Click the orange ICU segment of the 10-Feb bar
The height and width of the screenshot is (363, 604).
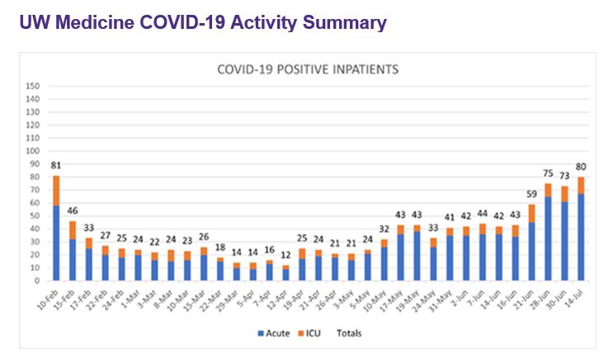(x=56, y=191)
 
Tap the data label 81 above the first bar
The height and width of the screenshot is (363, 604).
(x=55, y=165)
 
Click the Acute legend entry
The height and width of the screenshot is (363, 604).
(x=271, y=333)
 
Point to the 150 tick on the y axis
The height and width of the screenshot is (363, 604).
(x=33, y=86)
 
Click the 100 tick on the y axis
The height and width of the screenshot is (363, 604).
(x=33, y=151)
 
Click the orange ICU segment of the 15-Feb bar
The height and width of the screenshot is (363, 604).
(x=73, y=230)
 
